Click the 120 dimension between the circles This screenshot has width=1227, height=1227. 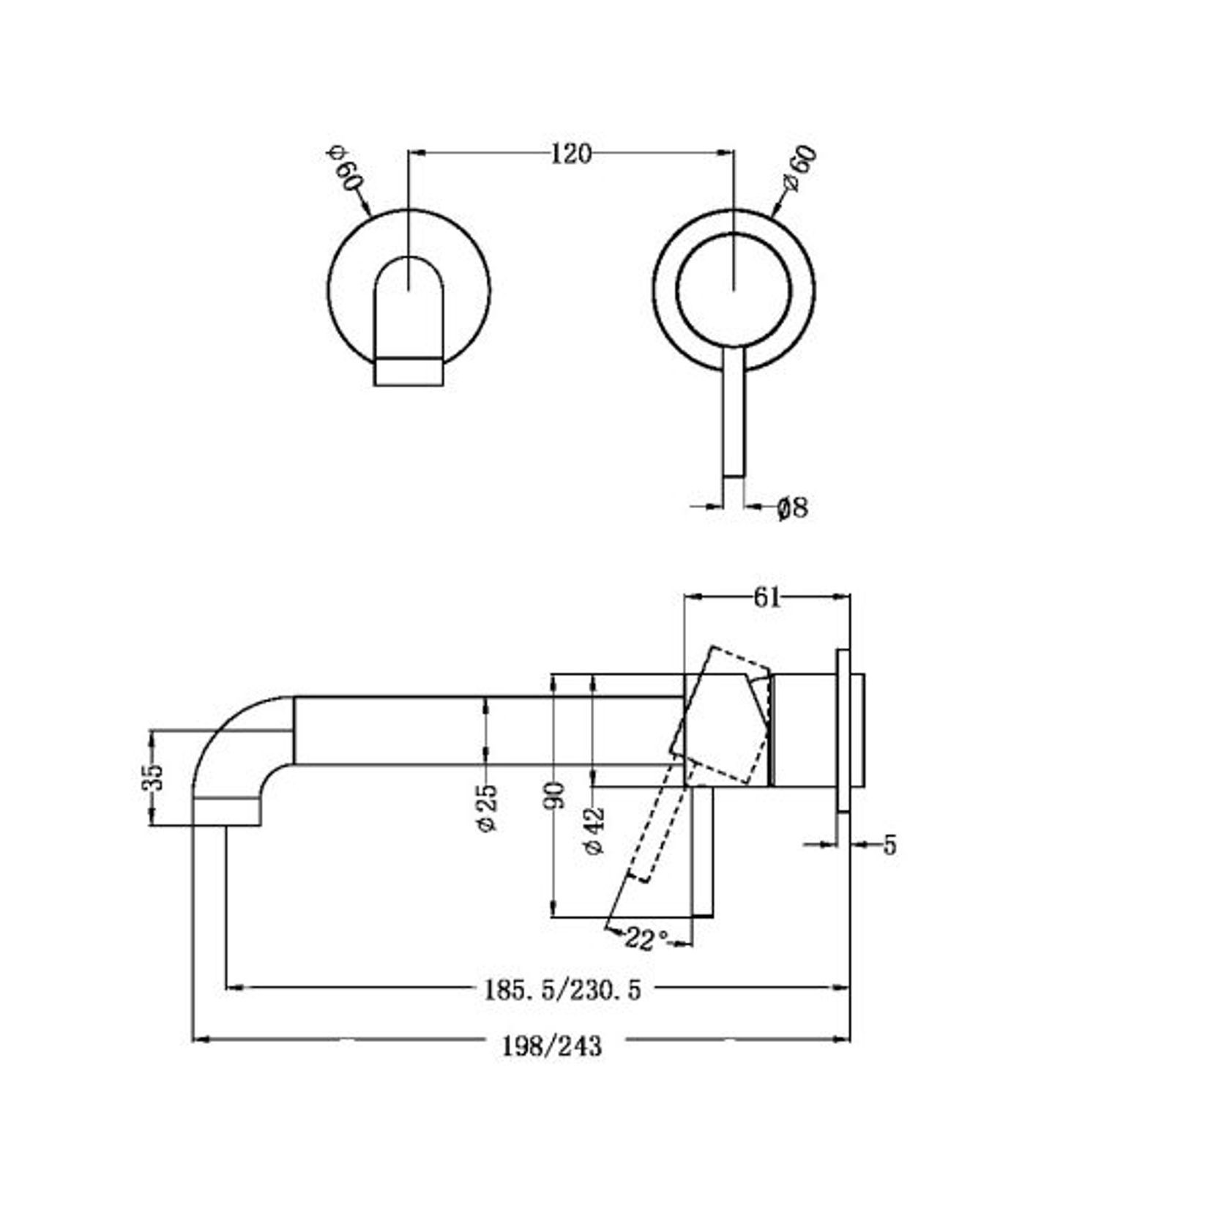pos(570,154)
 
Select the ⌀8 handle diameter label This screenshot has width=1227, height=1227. pos(793,507)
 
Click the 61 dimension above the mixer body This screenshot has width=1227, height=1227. pos(767,597)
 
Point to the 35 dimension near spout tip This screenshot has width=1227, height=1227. pos(152,777)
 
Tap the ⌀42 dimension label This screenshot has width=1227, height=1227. pos(594,831)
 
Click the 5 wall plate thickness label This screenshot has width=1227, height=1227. pos(890,845)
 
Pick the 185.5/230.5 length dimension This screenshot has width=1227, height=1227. pos(562,991)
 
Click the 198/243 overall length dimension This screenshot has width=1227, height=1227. pos(551,1046)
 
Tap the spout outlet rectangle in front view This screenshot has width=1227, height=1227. pos(409,371)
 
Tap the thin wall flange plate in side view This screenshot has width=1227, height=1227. pos(843,730)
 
